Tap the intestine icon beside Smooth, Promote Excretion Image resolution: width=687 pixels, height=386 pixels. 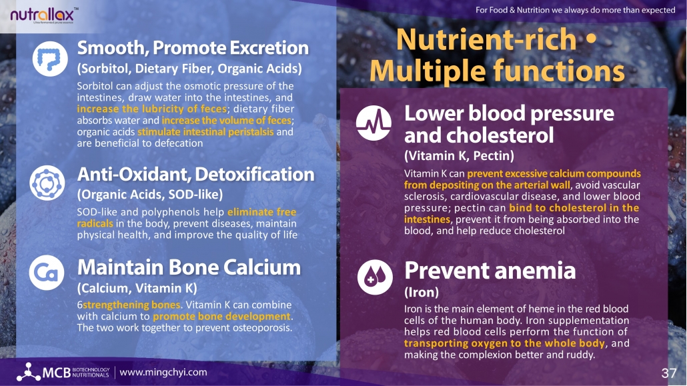coord(50,59)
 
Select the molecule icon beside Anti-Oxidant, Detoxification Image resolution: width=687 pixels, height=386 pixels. coord(47,183)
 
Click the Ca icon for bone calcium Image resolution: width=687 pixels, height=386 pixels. coord(47,273)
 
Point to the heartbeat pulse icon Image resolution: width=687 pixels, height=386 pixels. coord(374,123)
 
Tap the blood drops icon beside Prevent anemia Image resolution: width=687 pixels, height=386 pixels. coord(375,277)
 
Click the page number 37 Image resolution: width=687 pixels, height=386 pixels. coord(668,373)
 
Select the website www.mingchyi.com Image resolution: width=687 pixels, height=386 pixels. coord(163,373)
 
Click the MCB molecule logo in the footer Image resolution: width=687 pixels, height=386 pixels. coord(29,371)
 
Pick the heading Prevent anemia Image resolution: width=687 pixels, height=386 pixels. coord(490,270)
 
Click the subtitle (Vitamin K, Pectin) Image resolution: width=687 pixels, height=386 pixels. coord(459,155)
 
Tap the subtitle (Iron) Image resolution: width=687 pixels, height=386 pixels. coord(422,292)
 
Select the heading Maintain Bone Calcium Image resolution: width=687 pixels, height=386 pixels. coord(189,267)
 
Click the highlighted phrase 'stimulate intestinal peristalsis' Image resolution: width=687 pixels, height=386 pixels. coord(205,132)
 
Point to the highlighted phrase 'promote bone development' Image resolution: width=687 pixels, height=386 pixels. coord(221,317)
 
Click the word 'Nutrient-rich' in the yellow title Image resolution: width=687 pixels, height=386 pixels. coord(486,39)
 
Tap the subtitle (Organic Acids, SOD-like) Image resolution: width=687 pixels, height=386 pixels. coord(150,195)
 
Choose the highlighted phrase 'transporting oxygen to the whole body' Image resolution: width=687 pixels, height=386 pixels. coord(504,343)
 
